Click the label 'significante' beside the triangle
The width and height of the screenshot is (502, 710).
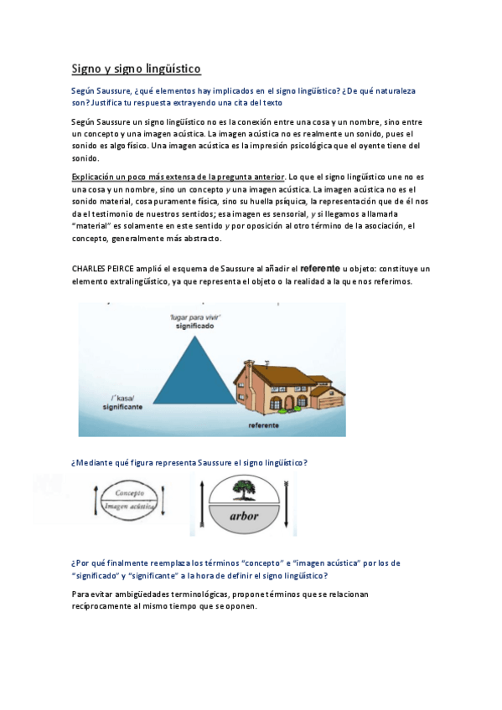[x=122, y=405]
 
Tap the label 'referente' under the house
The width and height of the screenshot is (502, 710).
[x=265, y=425]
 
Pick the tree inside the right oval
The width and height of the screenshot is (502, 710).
[x=243, y=490]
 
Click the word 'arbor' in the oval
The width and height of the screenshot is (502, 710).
[x=243, y=517]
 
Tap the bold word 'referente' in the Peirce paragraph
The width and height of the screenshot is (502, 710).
[x=319, y=268]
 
